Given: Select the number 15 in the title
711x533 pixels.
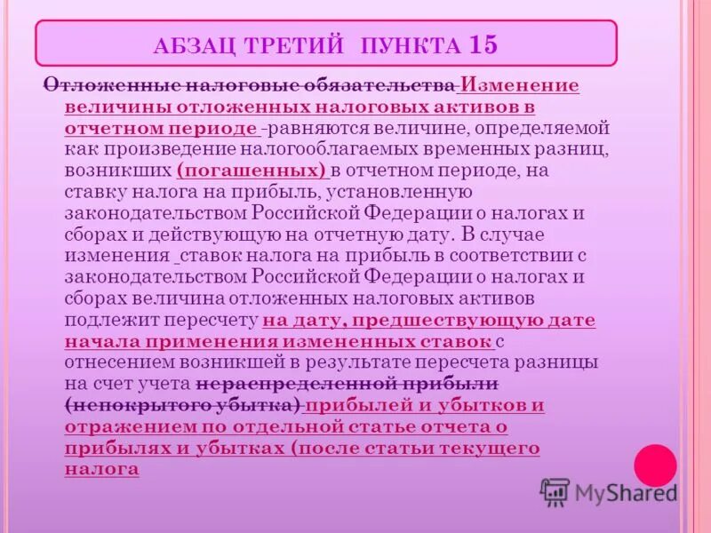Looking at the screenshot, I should [483, 44].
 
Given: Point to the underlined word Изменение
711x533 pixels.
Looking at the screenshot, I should [519, 86].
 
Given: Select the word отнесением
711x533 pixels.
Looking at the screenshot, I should [117, 362].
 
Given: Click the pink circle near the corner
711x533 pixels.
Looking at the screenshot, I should [655, 465].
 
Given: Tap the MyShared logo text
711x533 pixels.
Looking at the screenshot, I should [626, 493].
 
